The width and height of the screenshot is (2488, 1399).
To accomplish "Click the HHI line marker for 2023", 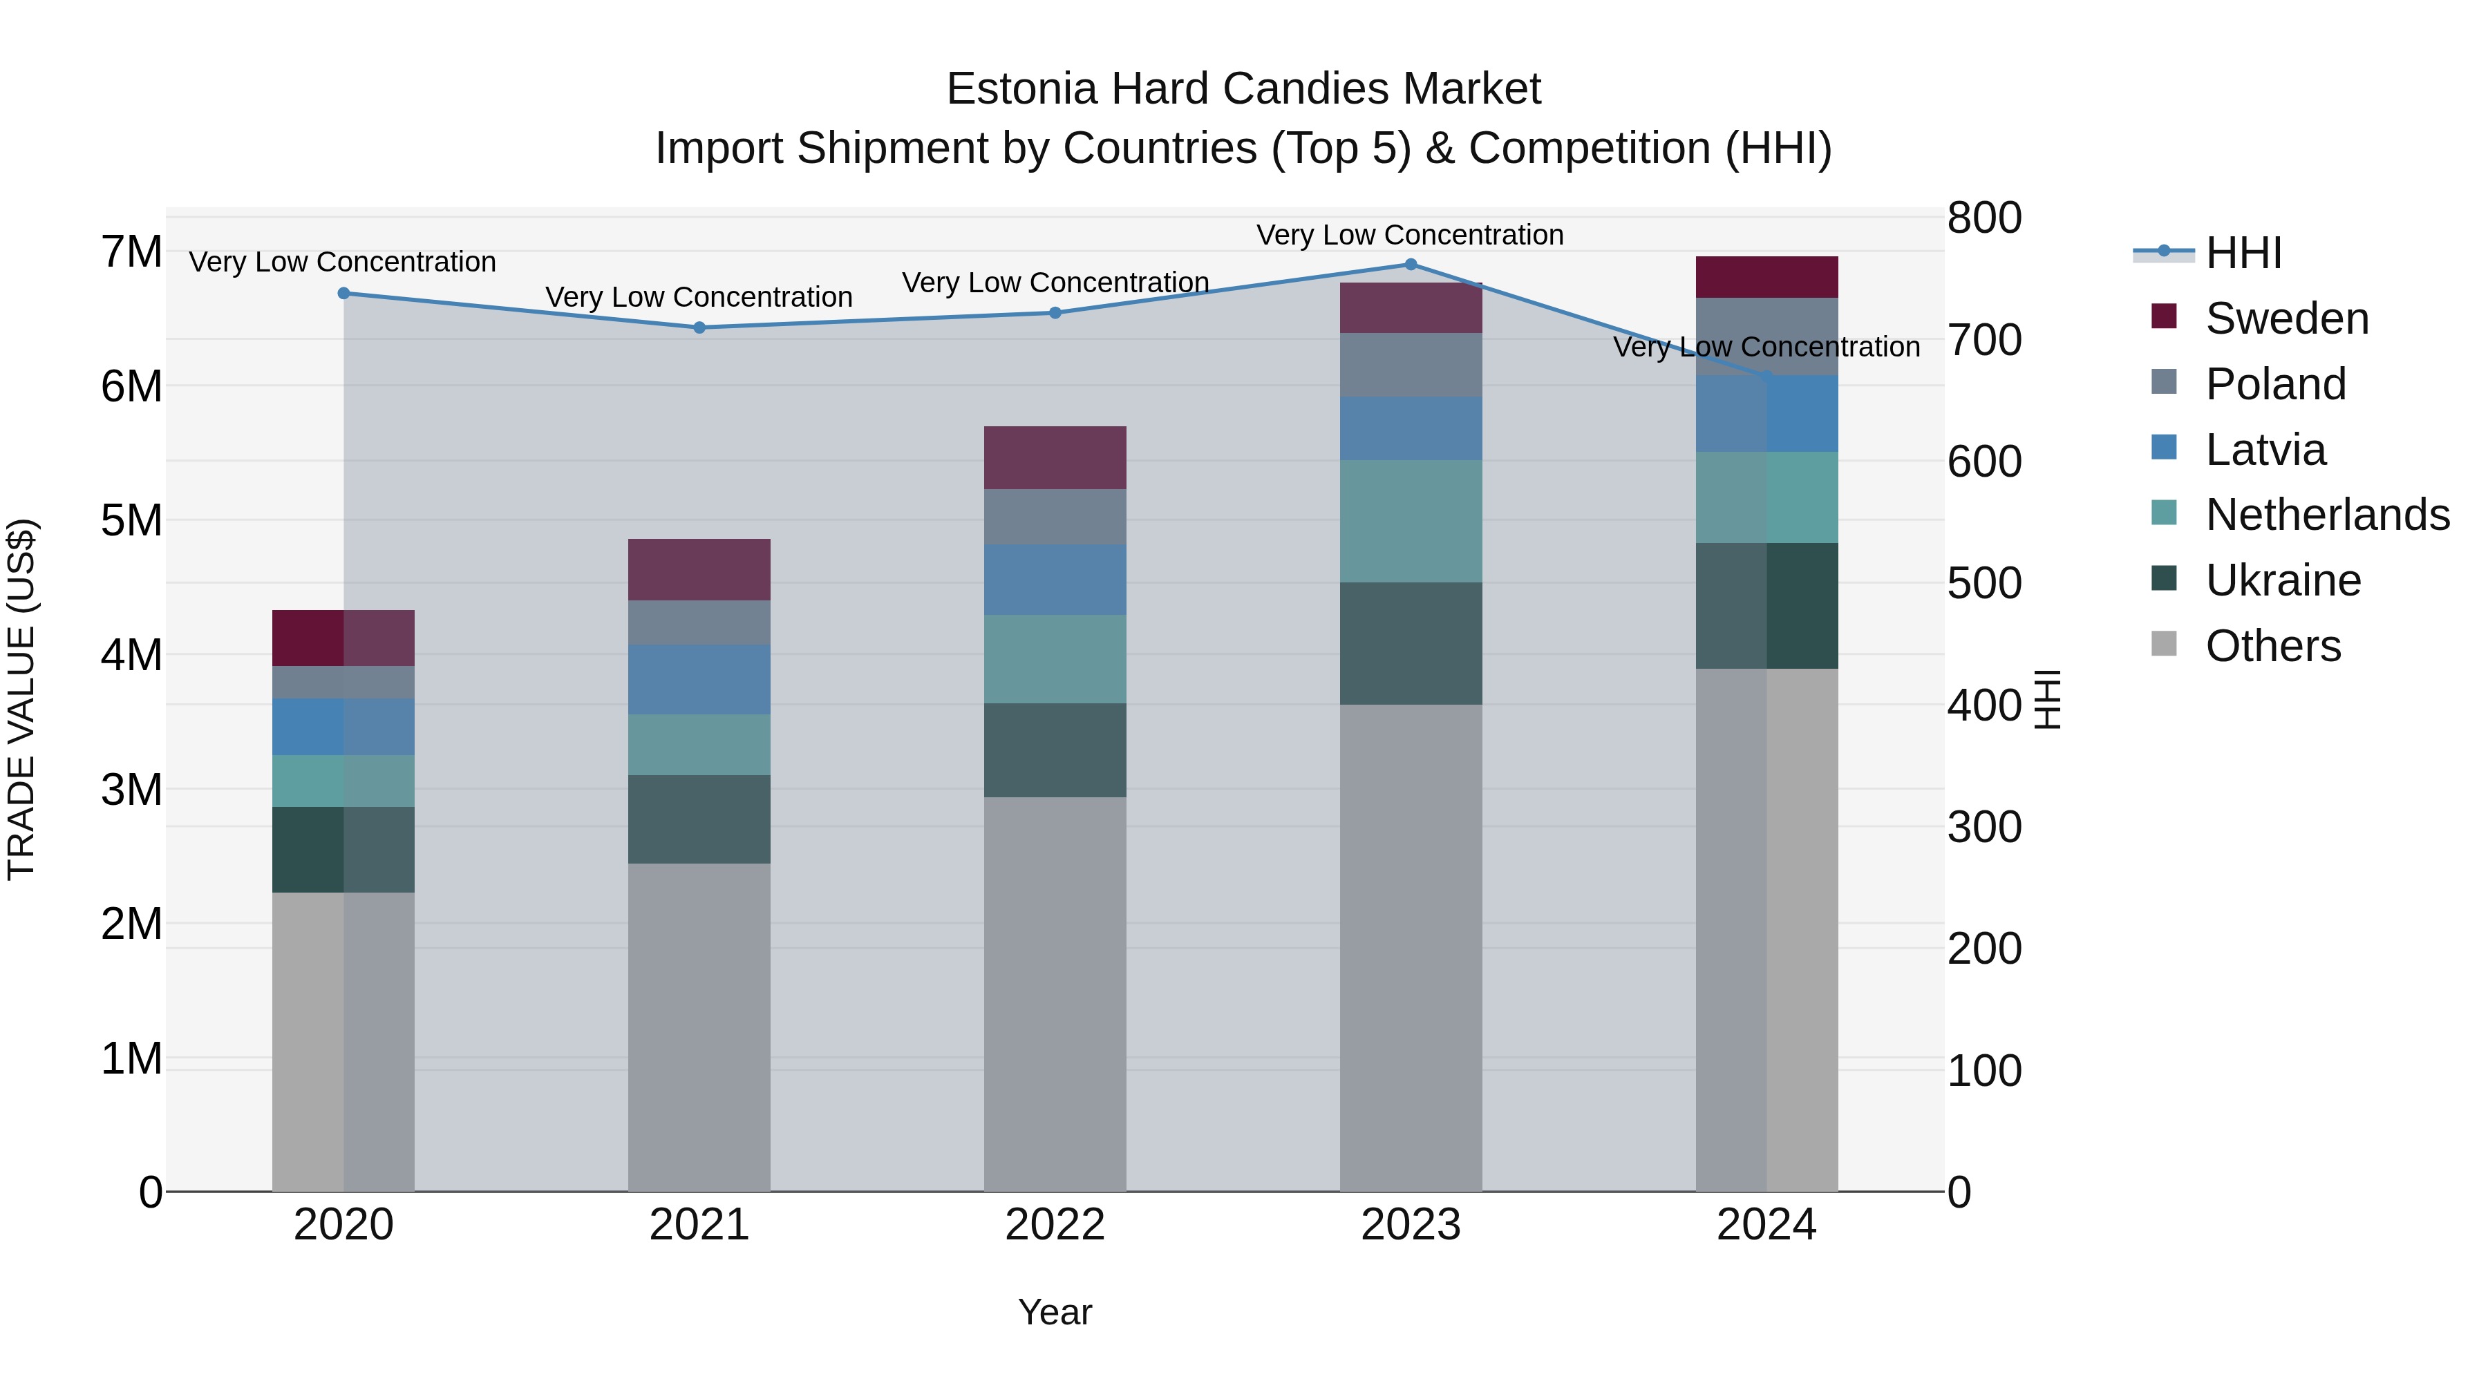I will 1410,265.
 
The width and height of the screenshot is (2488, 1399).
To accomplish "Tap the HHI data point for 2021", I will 699,327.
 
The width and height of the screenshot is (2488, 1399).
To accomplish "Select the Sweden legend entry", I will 2286,318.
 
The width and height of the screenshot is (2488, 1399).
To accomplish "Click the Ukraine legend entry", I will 2281,580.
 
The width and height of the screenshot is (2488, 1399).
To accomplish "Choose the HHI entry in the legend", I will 2243,253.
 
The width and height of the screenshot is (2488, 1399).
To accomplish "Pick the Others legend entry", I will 2272,646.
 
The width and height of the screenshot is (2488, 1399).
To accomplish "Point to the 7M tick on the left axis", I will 132,252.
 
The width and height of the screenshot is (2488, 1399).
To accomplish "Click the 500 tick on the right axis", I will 1983,583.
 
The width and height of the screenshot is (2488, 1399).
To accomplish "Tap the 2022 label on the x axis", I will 1055,1225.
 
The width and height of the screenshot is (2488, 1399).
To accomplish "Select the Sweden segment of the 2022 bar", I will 1055,457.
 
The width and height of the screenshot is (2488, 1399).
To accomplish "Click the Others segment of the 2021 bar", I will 699,1027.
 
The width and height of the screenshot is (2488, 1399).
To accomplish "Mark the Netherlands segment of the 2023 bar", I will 1410,522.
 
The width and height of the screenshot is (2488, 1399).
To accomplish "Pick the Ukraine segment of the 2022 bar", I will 1055,750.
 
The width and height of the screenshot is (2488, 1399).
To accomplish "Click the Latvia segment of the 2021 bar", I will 699,680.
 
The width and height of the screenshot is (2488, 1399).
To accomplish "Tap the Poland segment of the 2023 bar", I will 1410,365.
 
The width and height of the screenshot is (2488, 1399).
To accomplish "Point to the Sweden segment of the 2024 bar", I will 1766,277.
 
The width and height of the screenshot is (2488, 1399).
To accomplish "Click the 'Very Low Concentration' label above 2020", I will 343,262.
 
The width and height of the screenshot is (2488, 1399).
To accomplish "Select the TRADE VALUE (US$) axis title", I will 21,699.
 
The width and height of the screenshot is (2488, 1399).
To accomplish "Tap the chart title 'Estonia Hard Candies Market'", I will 1243,89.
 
